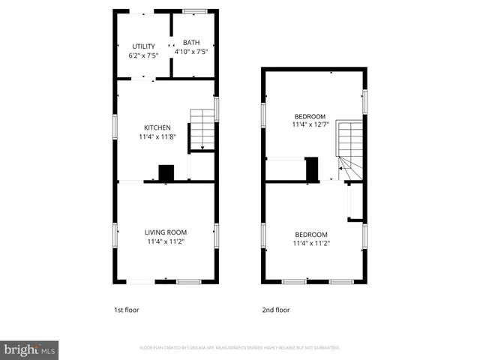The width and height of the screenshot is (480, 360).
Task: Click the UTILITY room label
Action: click(x=143, y=46)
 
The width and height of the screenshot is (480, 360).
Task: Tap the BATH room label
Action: click(x=191, y=43)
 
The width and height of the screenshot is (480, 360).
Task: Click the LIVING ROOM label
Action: click(x=166, y=232)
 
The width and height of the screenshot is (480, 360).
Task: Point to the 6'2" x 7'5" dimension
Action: click(x=143, y=56)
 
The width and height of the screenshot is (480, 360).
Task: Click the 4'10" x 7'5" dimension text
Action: click(x=191, y=52)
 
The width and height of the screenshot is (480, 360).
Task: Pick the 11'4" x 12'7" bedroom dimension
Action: click(x=310, y=126)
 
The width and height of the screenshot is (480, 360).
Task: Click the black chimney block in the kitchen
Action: click(x=166, y=172)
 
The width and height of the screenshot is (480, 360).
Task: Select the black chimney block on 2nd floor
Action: click(x=311, y=169)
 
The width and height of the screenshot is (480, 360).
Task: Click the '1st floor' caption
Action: click(x=126, y=310)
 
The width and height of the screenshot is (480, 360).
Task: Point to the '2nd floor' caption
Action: click(x=275, y=310)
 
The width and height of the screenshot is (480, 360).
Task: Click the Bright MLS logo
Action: click(x=29, y=350)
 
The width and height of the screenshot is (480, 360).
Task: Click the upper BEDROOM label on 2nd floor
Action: click(x=310, y=116)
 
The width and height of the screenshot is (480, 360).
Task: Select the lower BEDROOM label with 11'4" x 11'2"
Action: click(x=311, y=233)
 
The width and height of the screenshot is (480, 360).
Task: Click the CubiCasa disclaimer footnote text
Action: click(x=240, y=348)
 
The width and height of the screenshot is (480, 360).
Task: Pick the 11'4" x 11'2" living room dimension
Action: click(x=166, y=241)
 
